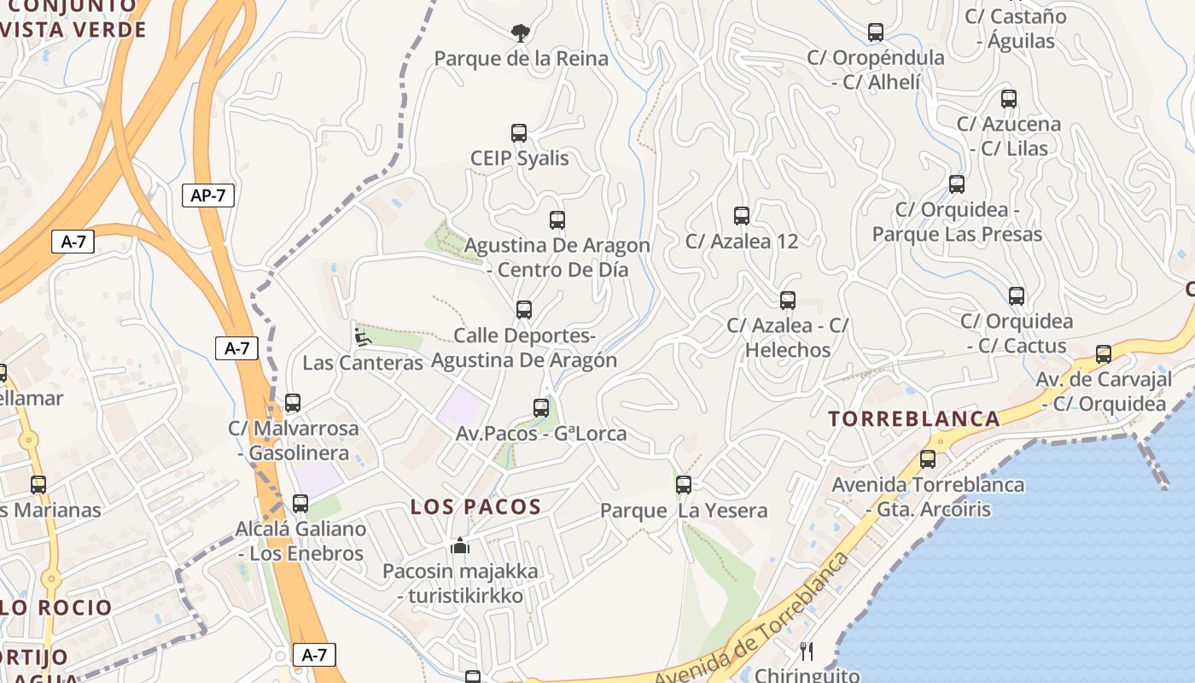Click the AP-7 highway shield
tap(208, 196)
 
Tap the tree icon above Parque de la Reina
tap(519, 33)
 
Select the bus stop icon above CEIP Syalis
tap(519, 133)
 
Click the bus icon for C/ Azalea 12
tap(741, 216)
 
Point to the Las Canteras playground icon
tap(363, 336)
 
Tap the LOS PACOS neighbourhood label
tap(476, 507)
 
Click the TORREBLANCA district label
tap(915, 419)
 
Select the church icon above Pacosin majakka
tap(460, 546)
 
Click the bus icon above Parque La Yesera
tap(684, 485)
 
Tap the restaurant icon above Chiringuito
tap(807, 652)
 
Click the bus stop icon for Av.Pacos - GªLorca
tap(541, 408)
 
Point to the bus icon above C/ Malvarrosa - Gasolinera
tap(293, 403)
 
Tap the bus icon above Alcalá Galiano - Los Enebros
tap(300, 504)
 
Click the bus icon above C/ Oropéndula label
tap(876, 32)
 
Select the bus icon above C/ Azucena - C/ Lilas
tap(1009, 99)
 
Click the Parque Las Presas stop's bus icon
tap(957, 184)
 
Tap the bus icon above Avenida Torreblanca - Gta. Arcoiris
tap(928, 459)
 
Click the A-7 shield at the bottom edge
tap(314, 655)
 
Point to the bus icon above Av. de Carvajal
tap(1104, 354)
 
